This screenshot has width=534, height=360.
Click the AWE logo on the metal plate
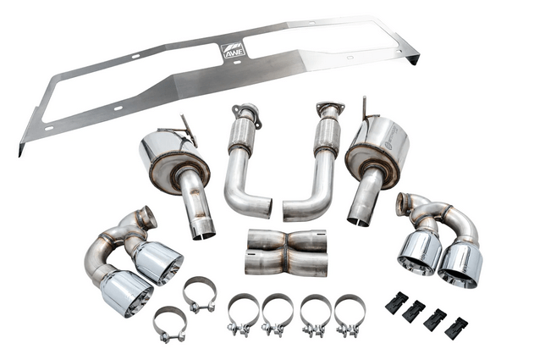[x=234, y=50]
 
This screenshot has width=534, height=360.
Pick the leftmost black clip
[x=396, y=304]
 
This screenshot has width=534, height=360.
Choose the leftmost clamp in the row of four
[x=243, y=314]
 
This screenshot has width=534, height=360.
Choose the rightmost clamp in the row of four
[x=349, y=314]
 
